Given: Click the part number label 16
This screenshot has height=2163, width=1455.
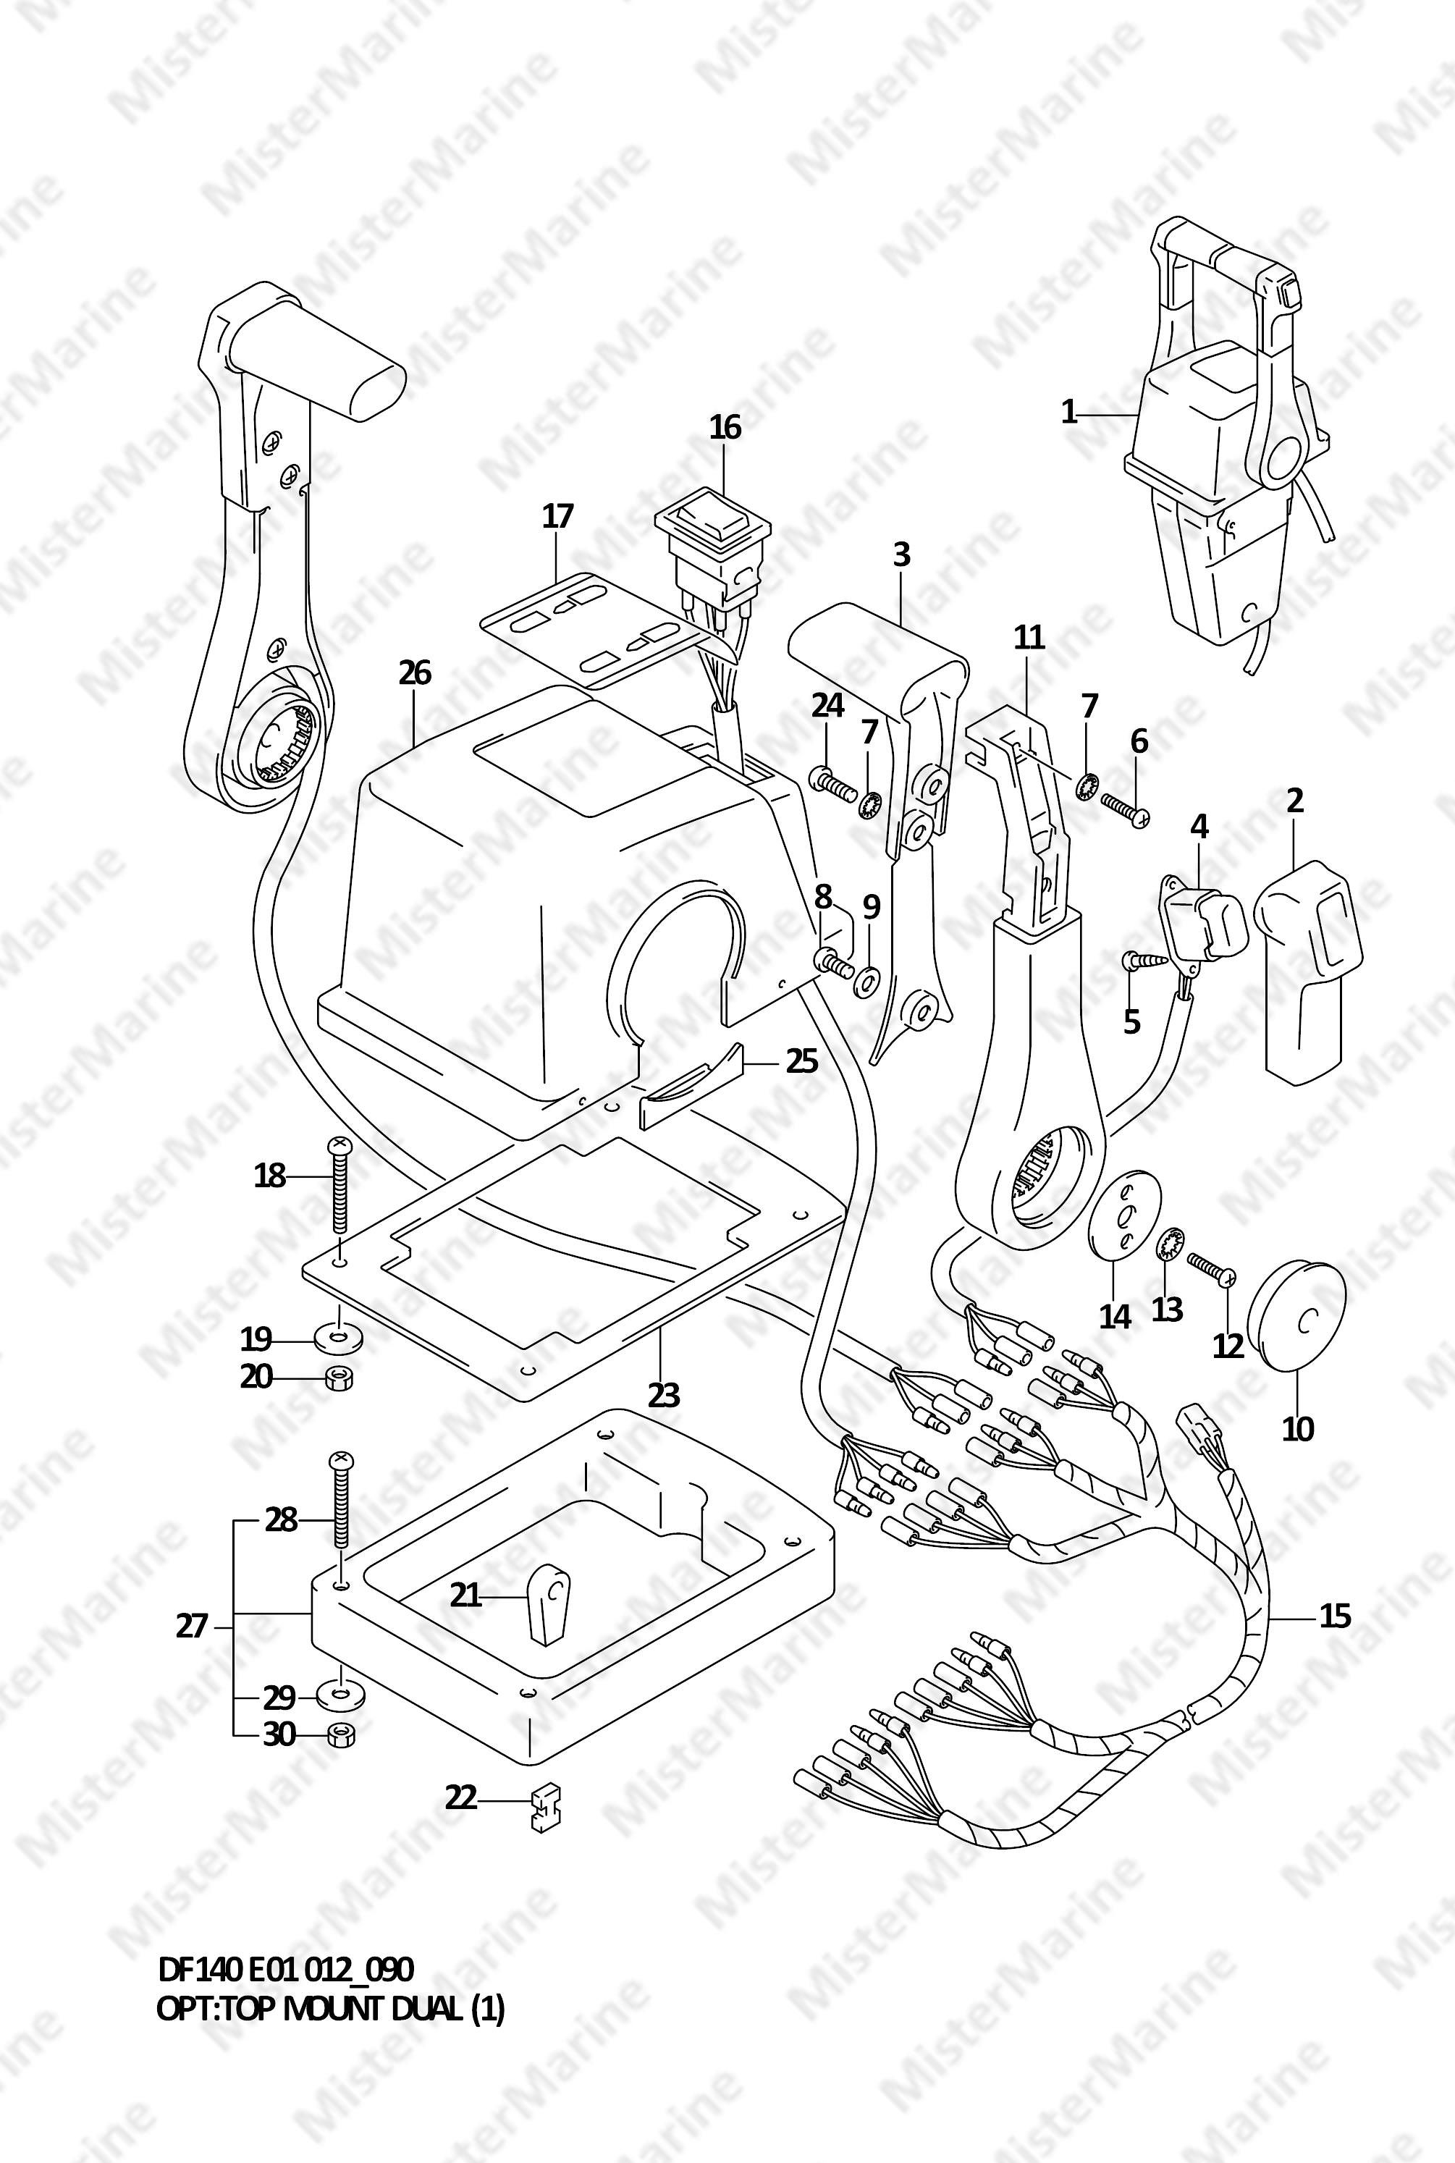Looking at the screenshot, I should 725,427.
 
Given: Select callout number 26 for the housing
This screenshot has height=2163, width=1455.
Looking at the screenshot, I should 415,672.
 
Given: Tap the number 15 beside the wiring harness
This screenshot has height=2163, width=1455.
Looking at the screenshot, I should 1336,1616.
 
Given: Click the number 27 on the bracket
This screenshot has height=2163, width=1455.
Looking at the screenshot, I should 191,1626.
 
